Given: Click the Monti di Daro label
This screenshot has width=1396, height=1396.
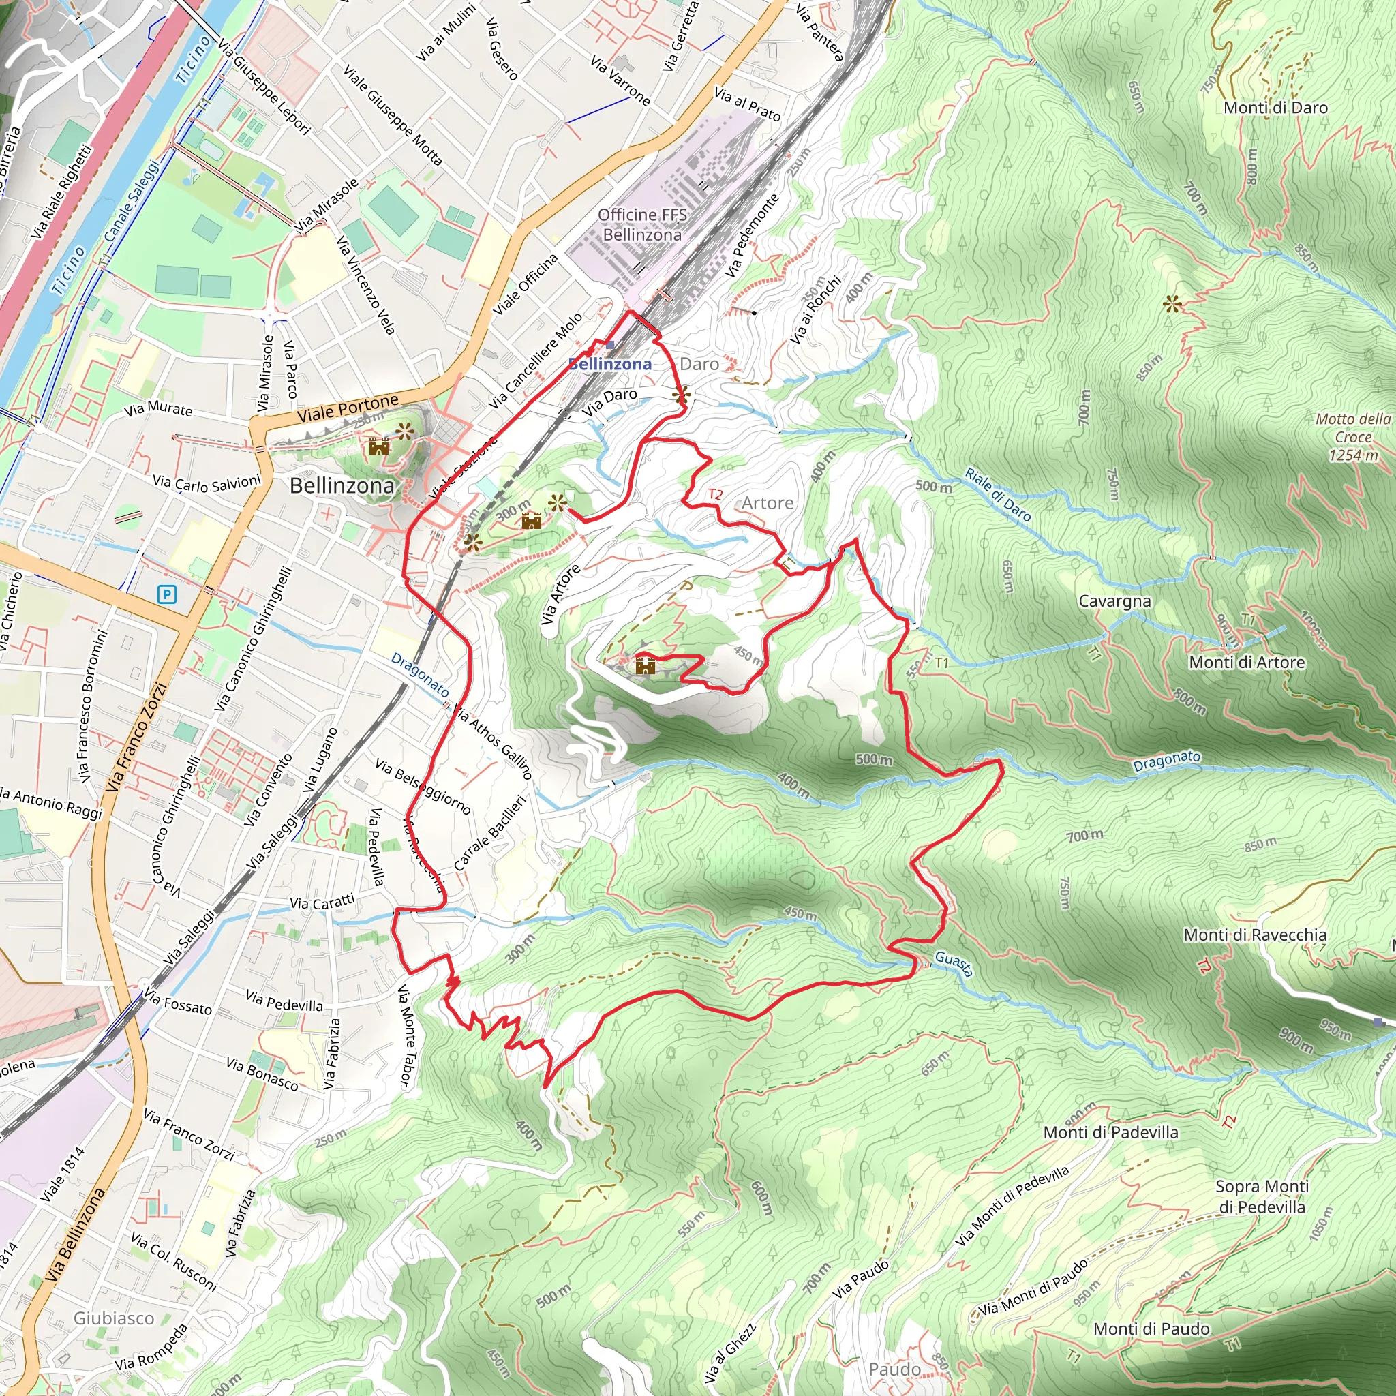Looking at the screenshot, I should click(1275, 108).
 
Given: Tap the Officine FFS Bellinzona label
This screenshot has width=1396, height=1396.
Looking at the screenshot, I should click(641, 225).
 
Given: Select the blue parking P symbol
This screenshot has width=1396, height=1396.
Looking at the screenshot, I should click(167, 594).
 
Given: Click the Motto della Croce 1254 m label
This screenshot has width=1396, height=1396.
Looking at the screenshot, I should click(1352, 436).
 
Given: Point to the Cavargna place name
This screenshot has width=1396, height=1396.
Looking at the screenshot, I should click(1114, 601).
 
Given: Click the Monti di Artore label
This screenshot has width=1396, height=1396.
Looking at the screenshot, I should click(1247, 662).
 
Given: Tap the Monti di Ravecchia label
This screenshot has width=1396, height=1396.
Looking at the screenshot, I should click(1254, 935).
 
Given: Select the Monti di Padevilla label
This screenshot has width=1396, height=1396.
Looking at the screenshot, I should click(1110, 1132).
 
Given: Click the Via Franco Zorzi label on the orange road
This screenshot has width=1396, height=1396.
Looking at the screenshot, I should click(136, 737).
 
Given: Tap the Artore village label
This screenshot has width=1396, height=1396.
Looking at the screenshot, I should click(768, 503).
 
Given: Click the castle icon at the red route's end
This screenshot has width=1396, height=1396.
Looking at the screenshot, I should click(645, 665).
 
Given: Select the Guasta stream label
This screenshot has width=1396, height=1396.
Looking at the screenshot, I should click(953, 963).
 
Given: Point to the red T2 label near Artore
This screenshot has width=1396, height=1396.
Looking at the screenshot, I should click(714, 494).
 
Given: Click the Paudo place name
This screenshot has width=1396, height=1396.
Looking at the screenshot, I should click(894, 1369).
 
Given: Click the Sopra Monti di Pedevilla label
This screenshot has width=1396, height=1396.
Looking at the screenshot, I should click(1262, 1196).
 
